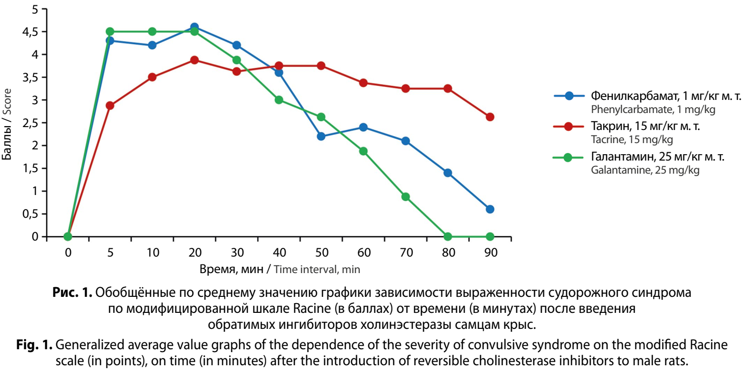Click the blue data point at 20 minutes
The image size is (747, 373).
click(194, 27)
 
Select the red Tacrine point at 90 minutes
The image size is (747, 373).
click(490, 117)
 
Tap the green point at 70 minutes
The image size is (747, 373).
click(405, 196)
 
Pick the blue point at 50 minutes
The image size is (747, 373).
click(321, 136)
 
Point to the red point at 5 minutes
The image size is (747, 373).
click(110, 106)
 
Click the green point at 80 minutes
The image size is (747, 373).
click(447, 237)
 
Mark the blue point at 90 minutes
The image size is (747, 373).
click(490, 209)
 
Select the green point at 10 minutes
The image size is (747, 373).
click(152, 32)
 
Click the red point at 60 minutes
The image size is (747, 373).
click(363, 82)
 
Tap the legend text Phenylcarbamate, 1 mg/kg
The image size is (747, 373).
click(653, 110)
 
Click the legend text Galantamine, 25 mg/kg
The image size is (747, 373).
click(645, 171)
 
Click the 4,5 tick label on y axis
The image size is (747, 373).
click(29, 32)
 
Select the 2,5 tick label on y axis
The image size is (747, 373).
click(29, 123)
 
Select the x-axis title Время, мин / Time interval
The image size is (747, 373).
click(279, 269)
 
